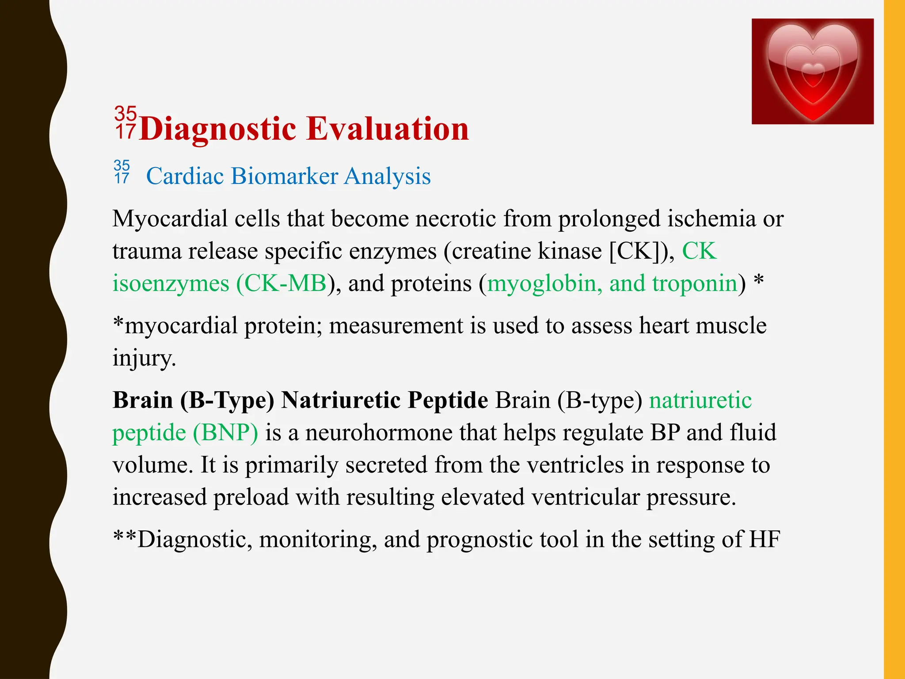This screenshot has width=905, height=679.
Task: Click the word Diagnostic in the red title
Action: pyautogui.click(x=217, y=130)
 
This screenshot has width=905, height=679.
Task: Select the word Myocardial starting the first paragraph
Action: pyautogui.click(x=170, y=219)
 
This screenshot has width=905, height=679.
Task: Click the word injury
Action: pyautogui.click(x=144, y=358)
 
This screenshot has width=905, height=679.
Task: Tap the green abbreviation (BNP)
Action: pyautogui.click(x=225, y=432)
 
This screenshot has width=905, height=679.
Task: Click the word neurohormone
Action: pyautogui.click(x=379, y=432)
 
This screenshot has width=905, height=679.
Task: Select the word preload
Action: pyautogui.click(x=251, y=497)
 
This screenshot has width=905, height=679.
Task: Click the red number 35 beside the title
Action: pyautogui.click(x=125, y=114)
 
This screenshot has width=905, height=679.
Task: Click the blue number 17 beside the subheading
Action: pyautogui.click(x=122, y=178)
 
